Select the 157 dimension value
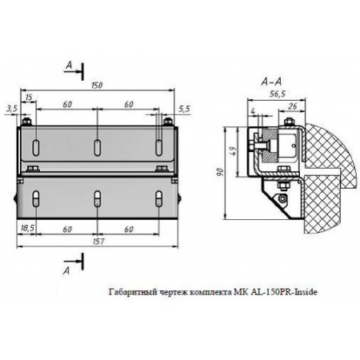click(96, 239)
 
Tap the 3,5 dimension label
click(11, 106)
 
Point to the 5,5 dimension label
click(183, 106)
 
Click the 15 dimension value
click(29, 98)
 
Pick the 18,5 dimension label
click(27, 229)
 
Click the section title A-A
click(270, 82)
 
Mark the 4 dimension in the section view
click(253, 110)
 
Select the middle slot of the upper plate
click(96, 147)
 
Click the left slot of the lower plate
click(37, 199)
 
